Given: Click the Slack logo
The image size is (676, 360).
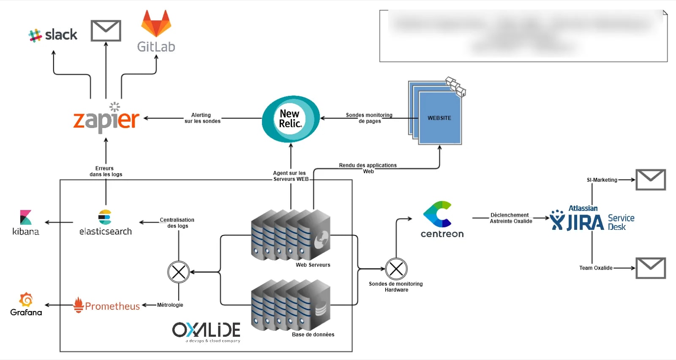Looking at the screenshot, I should pyautogui.click(x=53, y=35).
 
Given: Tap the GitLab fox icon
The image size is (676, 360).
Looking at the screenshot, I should pyautogui.click(x=156, y=24).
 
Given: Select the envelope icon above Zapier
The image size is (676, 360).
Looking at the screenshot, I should pyautogui.click(x=106, y=30).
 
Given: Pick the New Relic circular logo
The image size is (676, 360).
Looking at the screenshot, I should pyautogui.click(x=290, y=119).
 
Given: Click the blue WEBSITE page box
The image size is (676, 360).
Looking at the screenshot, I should pyautogui.click(x=439, y=118).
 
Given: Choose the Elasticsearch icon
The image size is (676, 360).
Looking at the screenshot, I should pyautogui.click(x=105, y=217).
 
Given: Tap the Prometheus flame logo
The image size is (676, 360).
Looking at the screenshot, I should pyautogui.click(x=79, y=305).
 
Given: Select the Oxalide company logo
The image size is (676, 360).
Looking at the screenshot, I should pyautogui.click(x=206, y=331).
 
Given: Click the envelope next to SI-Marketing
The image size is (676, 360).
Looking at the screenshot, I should pyautogui.click(x=651, y=180).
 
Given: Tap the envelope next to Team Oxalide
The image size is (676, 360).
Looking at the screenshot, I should pyautogui.click(x=651, y=268).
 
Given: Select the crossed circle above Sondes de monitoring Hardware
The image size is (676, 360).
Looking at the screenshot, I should pyautogui.click(x=396, y=269).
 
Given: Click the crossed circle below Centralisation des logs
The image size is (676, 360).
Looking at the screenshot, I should pyautogui.click(x=179, y=272).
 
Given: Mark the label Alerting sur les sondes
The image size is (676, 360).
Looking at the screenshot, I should pyautogui.click(x=202, y=118).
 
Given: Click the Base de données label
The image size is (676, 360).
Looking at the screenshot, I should pyautogui.click(x=313, y=334).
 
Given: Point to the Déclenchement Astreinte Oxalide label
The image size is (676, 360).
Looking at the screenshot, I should pyautogui.click(x=510, y=218).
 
